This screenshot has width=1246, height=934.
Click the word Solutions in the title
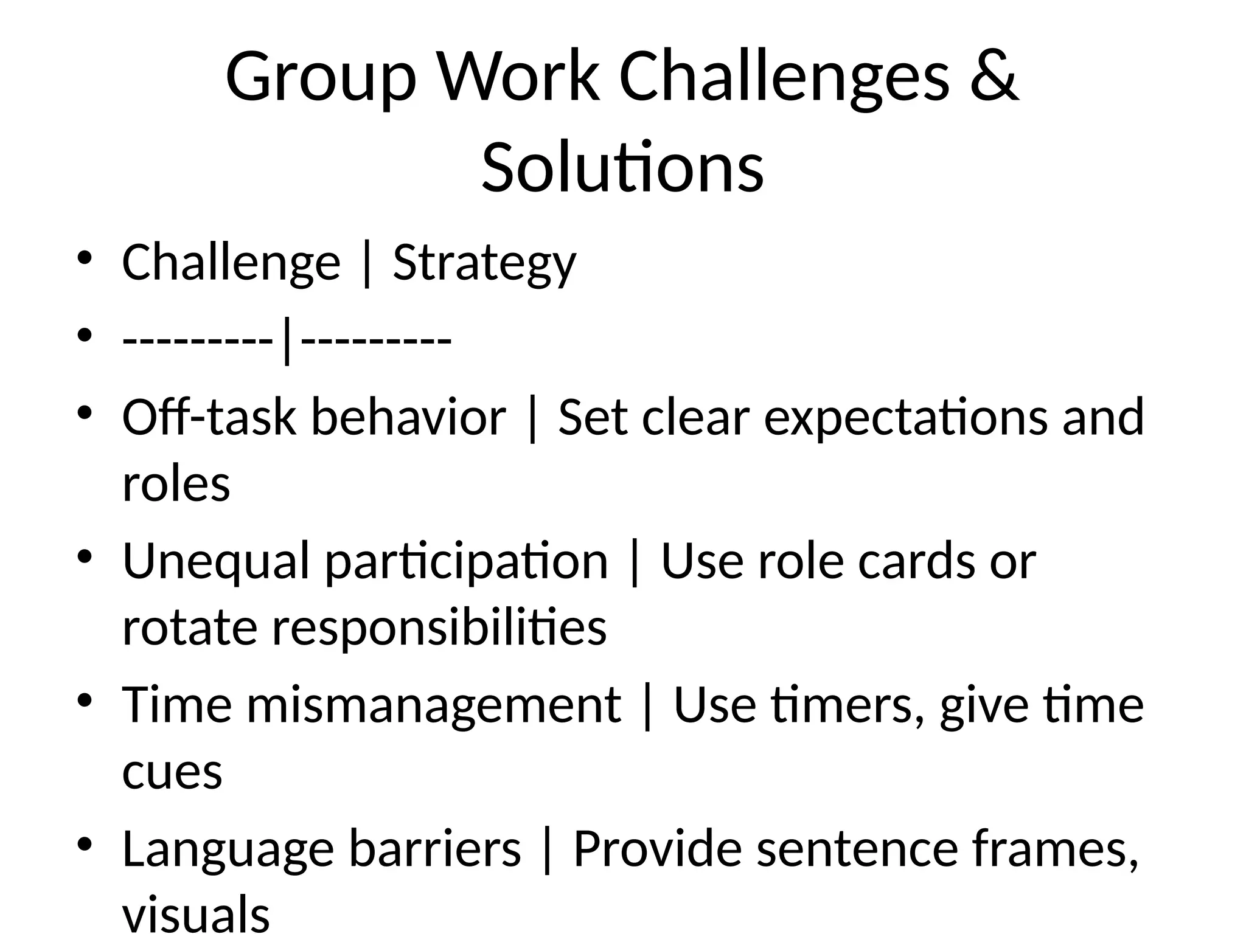(622, 167)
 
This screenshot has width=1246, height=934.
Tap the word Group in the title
(321, 77)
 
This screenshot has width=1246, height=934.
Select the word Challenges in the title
(784, 77)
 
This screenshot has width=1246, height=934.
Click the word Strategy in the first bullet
(484, 263)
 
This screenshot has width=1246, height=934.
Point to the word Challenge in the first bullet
(231, 263)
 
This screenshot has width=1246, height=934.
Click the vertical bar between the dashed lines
(287, 342)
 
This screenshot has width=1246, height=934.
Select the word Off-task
(209, 417)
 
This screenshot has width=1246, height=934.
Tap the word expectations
(906, 417)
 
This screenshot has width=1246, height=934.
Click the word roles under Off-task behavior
(176, 484)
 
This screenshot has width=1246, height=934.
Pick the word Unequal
(217, 561)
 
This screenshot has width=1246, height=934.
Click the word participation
(467, 561)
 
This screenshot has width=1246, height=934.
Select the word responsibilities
(439, 628)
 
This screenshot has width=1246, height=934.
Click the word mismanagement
(434, 705)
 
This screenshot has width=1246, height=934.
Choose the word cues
(172, 772)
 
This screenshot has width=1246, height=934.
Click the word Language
(228, 849)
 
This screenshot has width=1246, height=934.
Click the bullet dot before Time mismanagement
(85, 700)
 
